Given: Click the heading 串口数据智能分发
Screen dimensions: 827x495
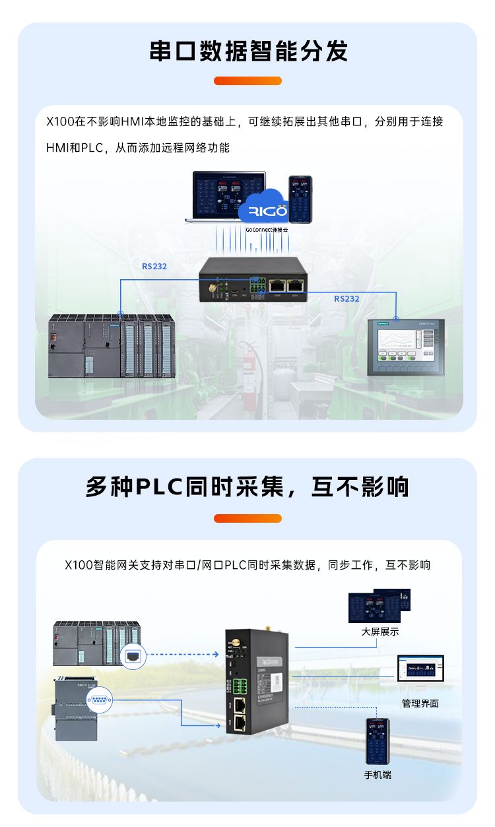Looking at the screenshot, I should point(248,51).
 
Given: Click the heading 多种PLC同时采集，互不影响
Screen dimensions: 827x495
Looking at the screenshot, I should point(247,487).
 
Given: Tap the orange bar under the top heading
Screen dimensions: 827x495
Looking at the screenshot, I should point(247,81).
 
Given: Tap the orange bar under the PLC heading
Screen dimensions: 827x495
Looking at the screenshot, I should point(247,518).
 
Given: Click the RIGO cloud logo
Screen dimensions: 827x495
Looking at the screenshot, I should point(263,209).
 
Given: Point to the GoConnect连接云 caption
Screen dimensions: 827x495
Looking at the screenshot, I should point(267,229).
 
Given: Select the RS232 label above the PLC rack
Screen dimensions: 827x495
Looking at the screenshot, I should point(154,267).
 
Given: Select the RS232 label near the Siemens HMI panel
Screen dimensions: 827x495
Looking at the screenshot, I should point(346,298).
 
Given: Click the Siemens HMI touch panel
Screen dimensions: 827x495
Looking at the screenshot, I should point(405,347).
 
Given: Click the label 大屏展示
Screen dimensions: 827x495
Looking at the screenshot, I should point(379,632).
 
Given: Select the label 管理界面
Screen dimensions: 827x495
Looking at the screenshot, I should point(420,703).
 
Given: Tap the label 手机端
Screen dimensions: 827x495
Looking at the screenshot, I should point(378,774).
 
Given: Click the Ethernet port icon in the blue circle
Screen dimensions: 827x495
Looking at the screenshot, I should point(133,655).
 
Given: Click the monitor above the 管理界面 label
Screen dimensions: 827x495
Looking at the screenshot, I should point(420,669).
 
